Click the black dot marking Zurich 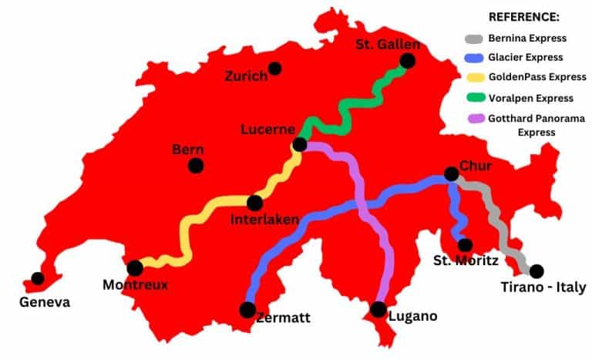click(x=275, y=69)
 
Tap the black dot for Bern click(x=196, y=165)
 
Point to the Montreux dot click(x=135, y=268)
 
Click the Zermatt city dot click(x=247, y=310)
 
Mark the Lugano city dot click(x=378, y=309)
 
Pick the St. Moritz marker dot click(x=465, y=245)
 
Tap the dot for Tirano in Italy click(x=536, y=271)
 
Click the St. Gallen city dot click(x=407, y=60)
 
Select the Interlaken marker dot click(x=254, y=203)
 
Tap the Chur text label click(x=476, y=166)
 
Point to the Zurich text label click(x=246, y=76)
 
